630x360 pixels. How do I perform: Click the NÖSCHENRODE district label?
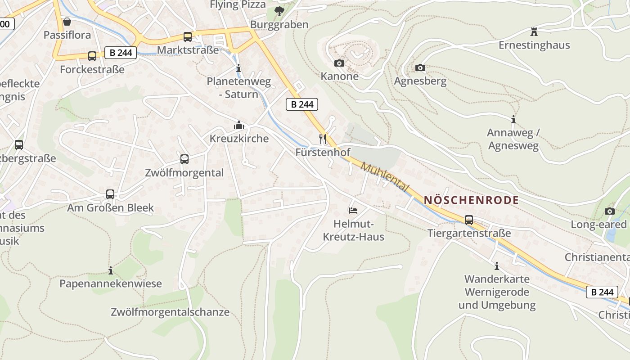[x=471, y=200]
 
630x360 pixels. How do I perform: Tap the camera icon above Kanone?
[x=339, y=63]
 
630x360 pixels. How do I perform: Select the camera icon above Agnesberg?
[x=420, y=68]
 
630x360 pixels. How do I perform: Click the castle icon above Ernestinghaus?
[x=534, y=32]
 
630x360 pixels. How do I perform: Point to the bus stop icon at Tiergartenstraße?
[x=469, y=220]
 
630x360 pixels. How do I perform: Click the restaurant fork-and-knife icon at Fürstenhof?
[x=322, y=139]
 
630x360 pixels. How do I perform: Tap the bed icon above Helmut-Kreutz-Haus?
[x=353, y=211]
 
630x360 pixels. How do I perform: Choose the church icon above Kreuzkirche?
[x=239, y=125]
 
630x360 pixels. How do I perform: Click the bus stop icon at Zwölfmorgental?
[x=184, y=159]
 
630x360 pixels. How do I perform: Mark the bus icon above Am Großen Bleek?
[x=110, y=194]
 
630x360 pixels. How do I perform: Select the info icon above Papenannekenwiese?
[x=111, y=270]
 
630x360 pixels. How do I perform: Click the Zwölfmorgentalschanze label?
[x=170, y=312]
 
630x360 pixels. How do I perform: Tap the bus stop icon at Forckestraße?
[x=92, y=56]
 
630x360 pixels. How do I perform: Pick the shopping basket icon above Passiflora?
[x=67, y=22]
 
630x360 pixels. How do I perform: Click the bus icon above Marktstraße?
[x=188, y=37]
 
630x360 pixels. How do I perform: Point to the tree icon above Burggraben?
[x=279, y=11]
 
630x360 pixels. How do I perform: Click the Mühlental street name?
[x=385, y=177]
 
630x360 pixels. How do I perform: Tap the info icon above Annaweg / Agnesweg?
[x=513, y=120]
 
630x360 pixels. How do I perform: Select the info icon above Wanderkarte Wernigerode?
[x=497, y=266]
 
